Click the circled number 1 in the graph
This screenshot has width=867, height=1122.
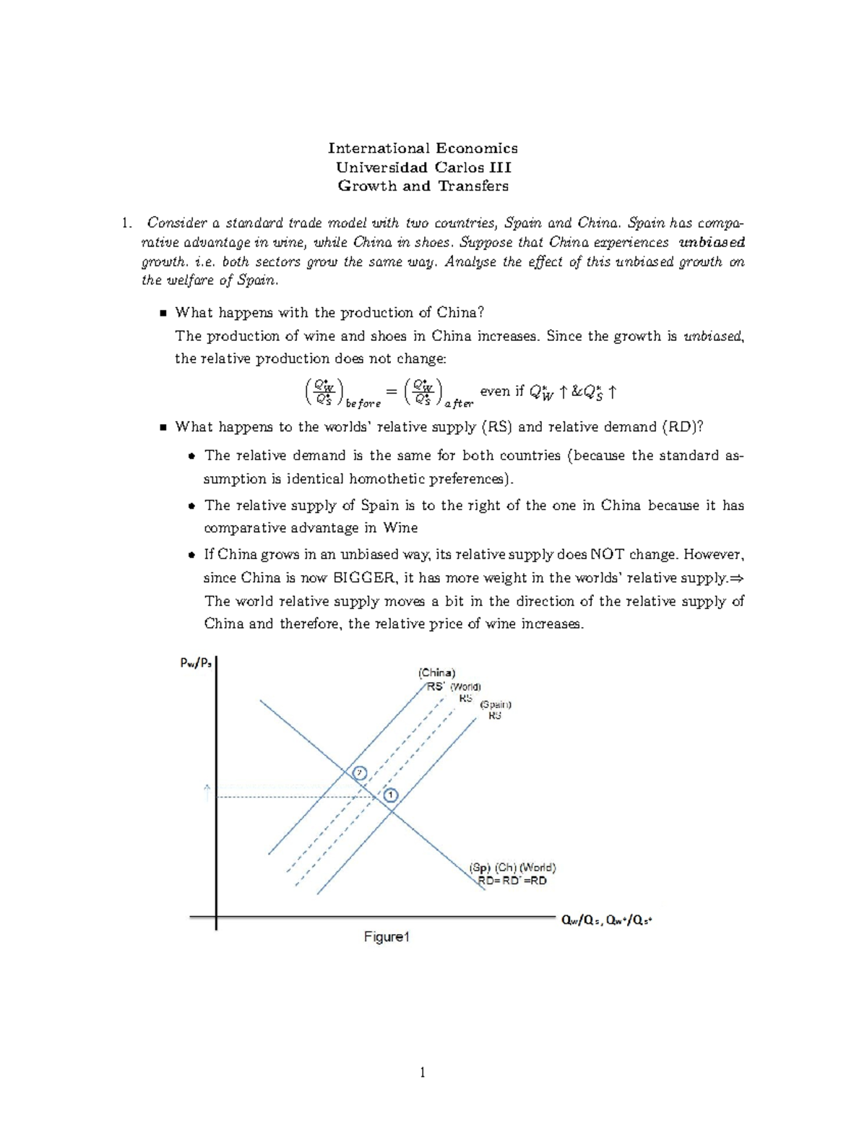click(x=391, y=795)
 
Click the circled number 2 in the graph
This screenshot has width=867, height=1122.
click(x=360, y=772)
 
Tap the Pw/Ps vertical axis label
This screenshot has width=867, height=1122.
click(x=196, y=663)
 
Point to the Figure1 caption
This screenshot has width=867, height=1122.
click(x=387, y=937)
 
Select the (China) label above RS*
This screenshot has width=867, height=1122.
click(x=437, y=672)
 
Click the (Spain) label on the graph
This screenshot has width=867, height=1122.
click(x=496, y=704)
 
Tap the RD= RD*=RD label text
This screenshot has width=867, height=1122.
click(x=512, y=881)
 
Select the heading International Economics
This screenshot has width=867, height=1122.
click(x=423, y=148)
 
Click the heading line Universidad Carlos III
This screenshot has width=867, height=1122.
click(x=423, y=167)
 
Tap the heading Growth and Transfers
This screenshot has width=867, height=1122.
click(x=423, y=186)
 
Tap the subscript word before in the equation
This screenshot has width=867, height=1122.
click(x=363, y=404)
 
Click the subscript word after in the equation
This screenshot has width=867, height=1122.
click(x=460, y=404)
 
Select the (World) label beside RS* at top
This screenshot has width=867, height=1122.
click(x=465, y=686)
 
